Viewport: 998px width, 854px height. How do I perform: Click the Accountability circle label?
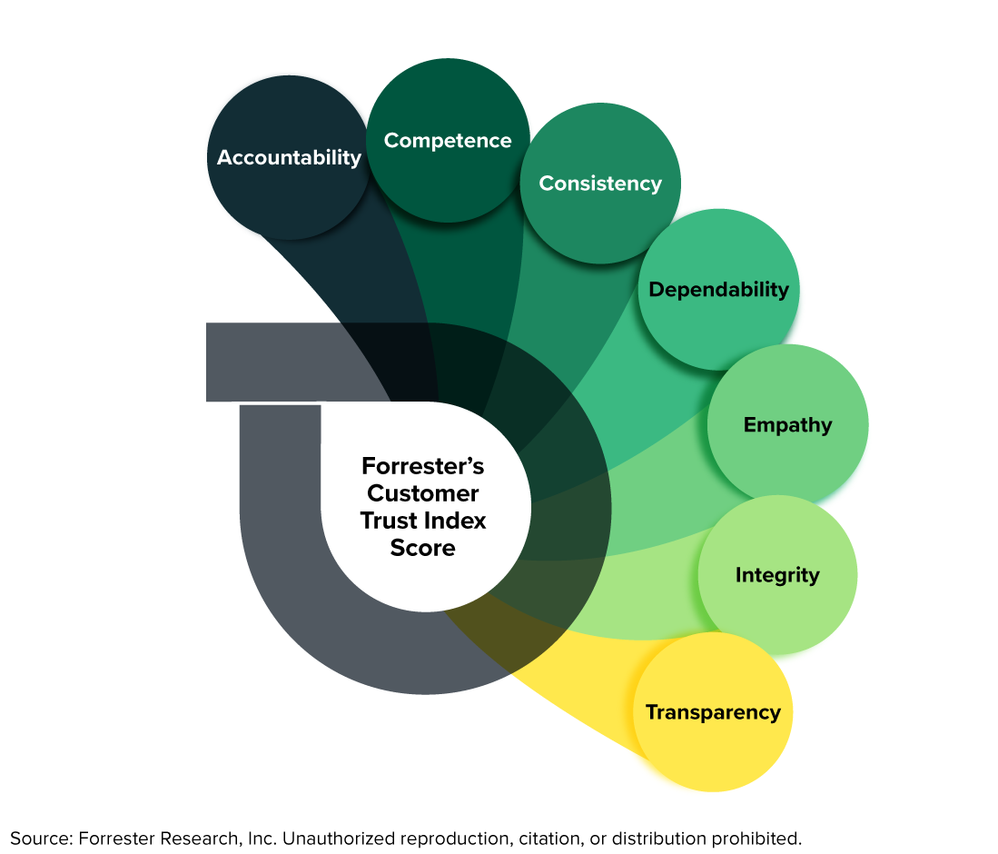(x=289, y=158)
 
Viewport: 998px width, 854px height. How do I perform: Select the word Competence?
(x=448, y=141)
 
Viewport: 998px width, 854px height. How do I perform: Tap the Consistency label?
(x=600, y=184)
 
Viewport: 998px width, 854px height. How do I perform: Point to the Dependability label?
(x=718, y=290)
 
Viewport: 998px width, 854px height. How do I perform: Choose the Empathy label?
(x=787, y=425)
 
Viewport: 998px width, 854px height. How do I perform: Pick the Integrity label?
(x=777, y=575)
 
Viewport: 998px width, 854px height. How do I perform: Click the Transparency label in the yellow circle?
(x=713, y=712)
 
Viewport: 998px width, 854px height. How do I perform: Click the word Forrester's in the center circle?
(x=423, y=466)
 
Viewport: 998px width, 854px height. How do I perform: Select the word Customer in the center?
(x=423, y=493)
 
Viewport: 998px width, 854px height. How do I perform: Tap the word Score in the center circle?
(x=423, y=548)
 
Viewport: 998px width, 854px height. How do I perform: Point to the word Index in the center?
(x=458, y=521)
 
